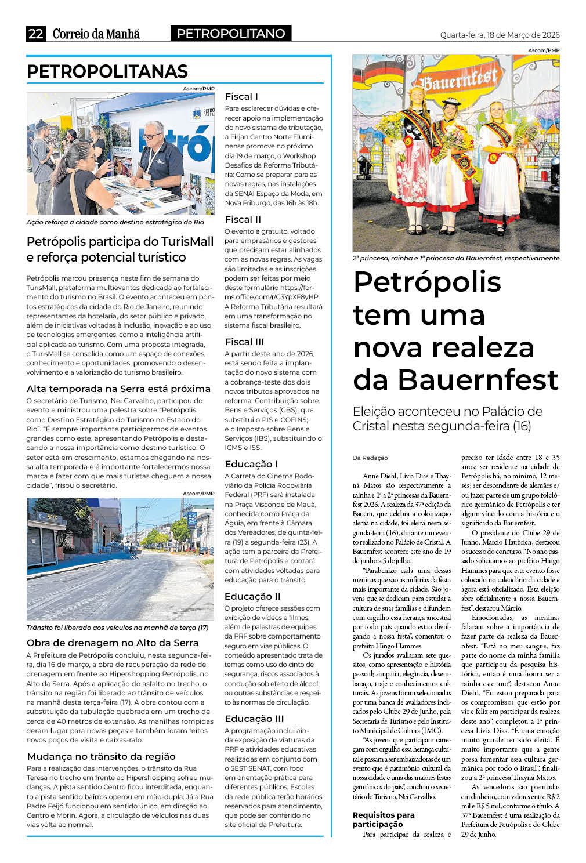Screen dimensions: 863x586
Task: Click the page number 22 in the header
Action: [35, 34]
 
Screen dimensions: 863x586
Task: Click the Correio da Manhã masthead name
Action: [96, 34]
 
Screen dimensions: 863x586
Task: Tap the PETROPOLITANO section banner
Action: [231, 34]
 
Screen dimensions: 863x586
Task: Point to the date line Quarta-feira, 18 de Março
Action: [500, 35]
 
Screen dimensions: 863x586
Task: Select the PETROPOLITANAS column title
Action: [107, 71]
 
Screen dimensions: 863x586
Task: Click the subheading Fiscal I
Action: [241, 96]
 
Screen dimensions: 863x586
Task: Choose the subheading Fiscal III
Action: [244, 342]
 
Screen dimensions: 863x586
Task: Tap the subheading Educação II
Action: [252, 596]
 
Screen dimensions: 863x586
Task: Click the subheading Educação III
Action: [254, 719]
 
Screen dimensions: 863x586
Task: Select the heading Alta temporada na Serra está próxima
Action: [118, 389]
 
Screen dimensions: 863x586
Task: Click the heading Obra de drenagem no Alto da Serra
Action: [113, 643]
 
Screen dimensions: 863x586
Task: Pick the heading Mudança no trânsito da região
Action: [101, 756]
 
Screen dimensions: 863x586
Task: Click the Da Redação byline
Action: [370, 458]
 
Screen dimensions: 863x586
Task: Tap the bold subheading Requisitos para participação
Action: [384, 819]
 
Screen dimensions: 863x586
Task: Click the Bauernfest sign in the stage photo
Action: [459, 79]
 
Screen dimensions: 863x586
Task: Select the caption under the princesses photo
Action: [455, 258]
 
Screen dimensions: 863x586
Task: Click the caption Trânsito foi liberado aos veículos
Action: [117, 628]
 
